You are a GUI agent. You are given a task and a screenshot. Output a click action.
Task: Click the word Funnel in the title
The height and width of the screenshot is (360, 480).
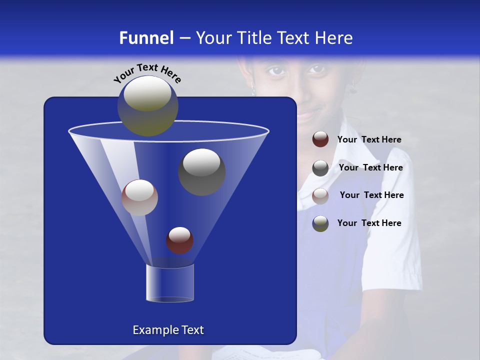coord(146,38)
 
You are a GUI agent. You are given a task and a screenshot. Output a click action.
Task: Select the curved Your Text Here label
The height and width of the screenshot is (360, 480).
coord(147,73)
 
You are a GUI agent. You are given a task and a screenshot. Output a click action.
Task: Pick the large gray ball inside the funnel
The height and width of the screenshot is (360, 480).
coord(201,171)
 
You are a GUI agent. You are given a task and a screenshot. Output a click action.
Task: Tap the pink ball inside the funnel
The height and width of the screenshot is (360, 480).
coord(139,197)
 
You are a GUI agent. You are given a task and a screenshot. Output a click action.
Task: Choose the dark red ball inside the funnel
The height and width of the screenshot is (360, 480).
coord(180,240)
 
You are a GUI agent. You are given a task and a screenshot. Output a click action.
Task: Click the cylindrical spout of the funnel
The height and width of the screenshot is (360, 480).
coord(170,283)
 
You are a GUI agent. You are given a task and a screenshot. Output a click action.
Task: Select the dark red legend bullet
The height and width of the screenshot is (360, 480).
coord(320,139)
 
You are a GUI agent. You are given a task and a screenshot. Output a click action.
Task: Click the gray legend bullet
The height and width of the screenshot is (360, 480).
coord(320,167)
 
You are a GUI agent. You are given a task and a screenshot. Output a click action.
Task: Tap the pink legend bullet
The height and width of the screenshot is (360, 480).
coord(320,195)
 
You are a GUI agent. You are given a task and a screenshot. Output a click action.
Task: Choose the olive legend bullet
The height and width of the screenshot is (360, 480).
coord(320,223)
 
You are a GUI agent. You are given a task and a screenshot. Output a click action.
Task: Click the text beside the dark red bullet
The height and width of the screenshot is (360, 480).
coord(369,140)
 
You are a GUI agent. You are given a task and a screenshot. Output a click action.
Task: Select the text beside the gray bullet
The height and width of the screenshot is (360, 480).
coord(370,168)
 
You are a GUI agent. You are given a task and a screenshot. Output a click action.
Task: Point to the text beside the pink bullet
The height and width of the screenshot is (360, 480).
coord(371,195)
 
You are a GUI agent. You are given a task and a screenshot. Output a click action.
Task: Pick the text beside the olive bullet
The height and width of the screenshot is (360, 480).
coord(369,223)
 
